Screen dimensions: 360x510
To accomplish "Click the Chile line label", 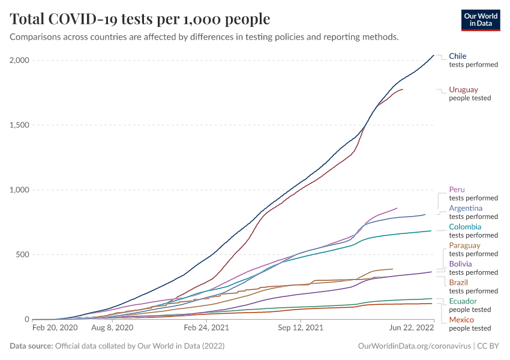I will click(x=458, y=56).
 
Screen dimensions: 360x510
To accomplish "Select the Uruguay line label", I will click(x=463, y=89).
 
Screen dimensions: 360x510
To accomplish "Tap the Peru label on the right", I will click(x=457, y=190).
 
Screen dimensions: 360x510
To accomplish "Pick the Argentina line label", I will click(x=466, y=208).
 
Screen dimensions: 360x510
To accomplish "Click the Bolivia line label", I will click(x=460, y=264).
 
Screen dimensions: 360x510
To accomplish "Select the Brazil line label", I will click(x=458, y=283).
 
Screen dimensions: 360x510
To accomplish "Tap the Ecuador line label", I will click(x=463, y=301).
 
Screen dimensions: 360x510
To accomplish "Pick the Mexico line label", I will click(x=461, y=320).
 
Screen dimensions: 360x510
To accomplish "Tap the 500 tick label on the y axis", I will click(x=22, y=255).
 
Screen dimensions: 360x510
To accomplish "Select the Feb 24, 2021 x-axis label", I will click(x=206, y=328).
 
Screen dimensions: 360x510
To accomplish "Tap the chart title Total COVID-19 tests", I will click(x=140, y=19).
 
